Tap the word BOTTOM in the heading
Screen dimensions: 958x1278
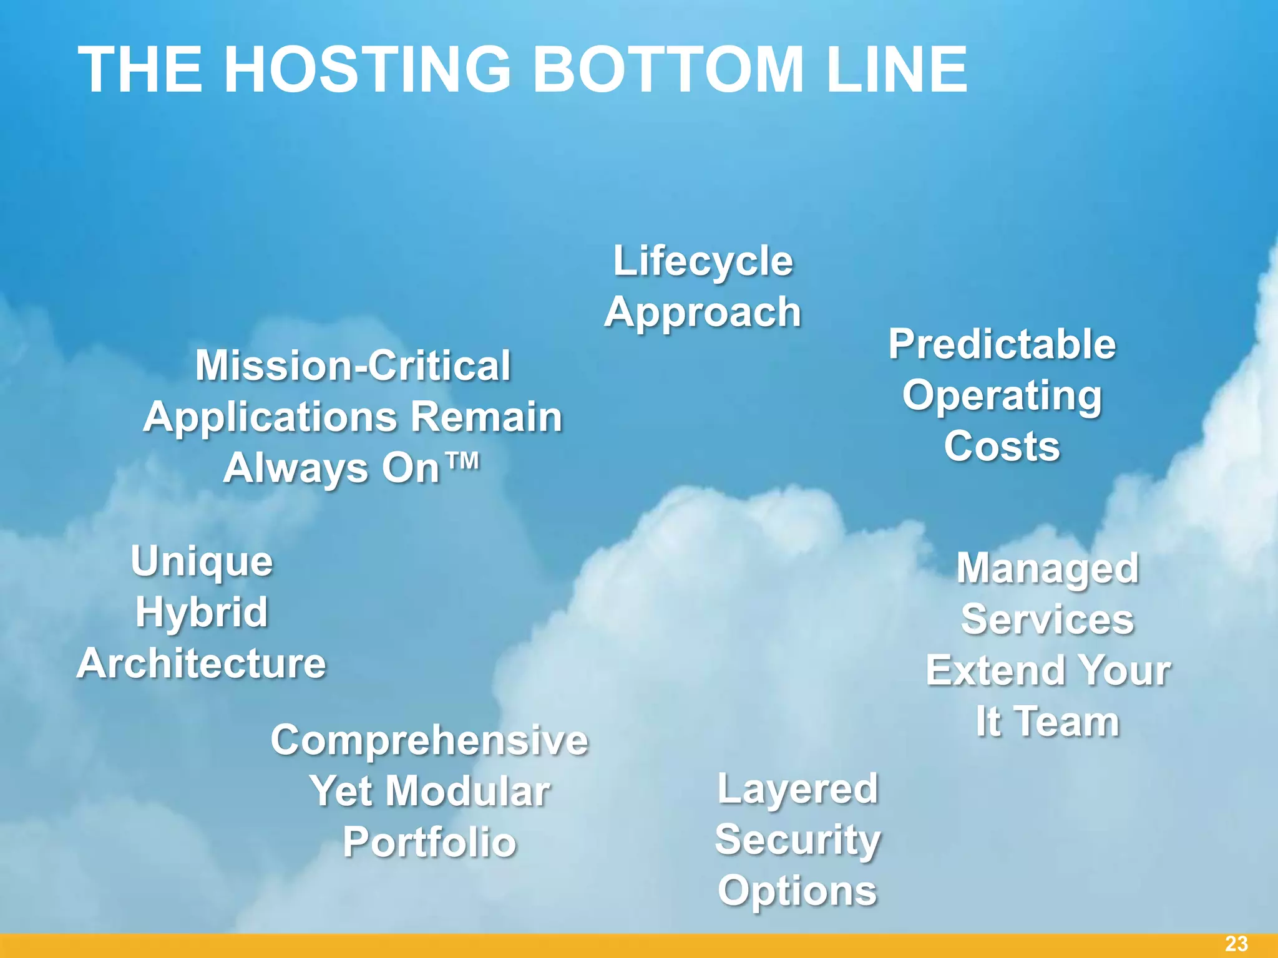pos(668,70)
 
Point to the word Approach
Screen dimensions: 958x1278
pos(703,312)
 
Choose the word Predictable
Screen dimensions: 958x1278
pos(1002,344)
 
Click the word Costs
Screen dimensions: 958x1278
pos(1002,447)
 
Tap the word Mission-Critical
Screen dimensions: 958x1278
pos(353,365)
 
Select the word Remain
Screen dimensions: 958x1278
pos(486,417)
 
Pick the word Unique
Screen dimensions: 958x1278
pos(202,561)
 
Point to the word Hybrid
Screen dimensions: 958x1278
pos(202,612)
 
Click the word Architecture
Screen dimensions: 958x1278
pos(202,664)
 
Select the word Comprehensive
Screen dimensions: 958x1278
pos(429,741)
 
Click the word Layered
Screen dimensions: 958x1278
pos(798,788)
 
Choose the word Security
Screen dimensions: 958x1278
pos(798,839)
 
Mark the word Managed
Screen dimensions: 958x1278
pos(1048,569)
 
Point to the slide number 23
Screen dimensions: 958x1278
pos(1236,944)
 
